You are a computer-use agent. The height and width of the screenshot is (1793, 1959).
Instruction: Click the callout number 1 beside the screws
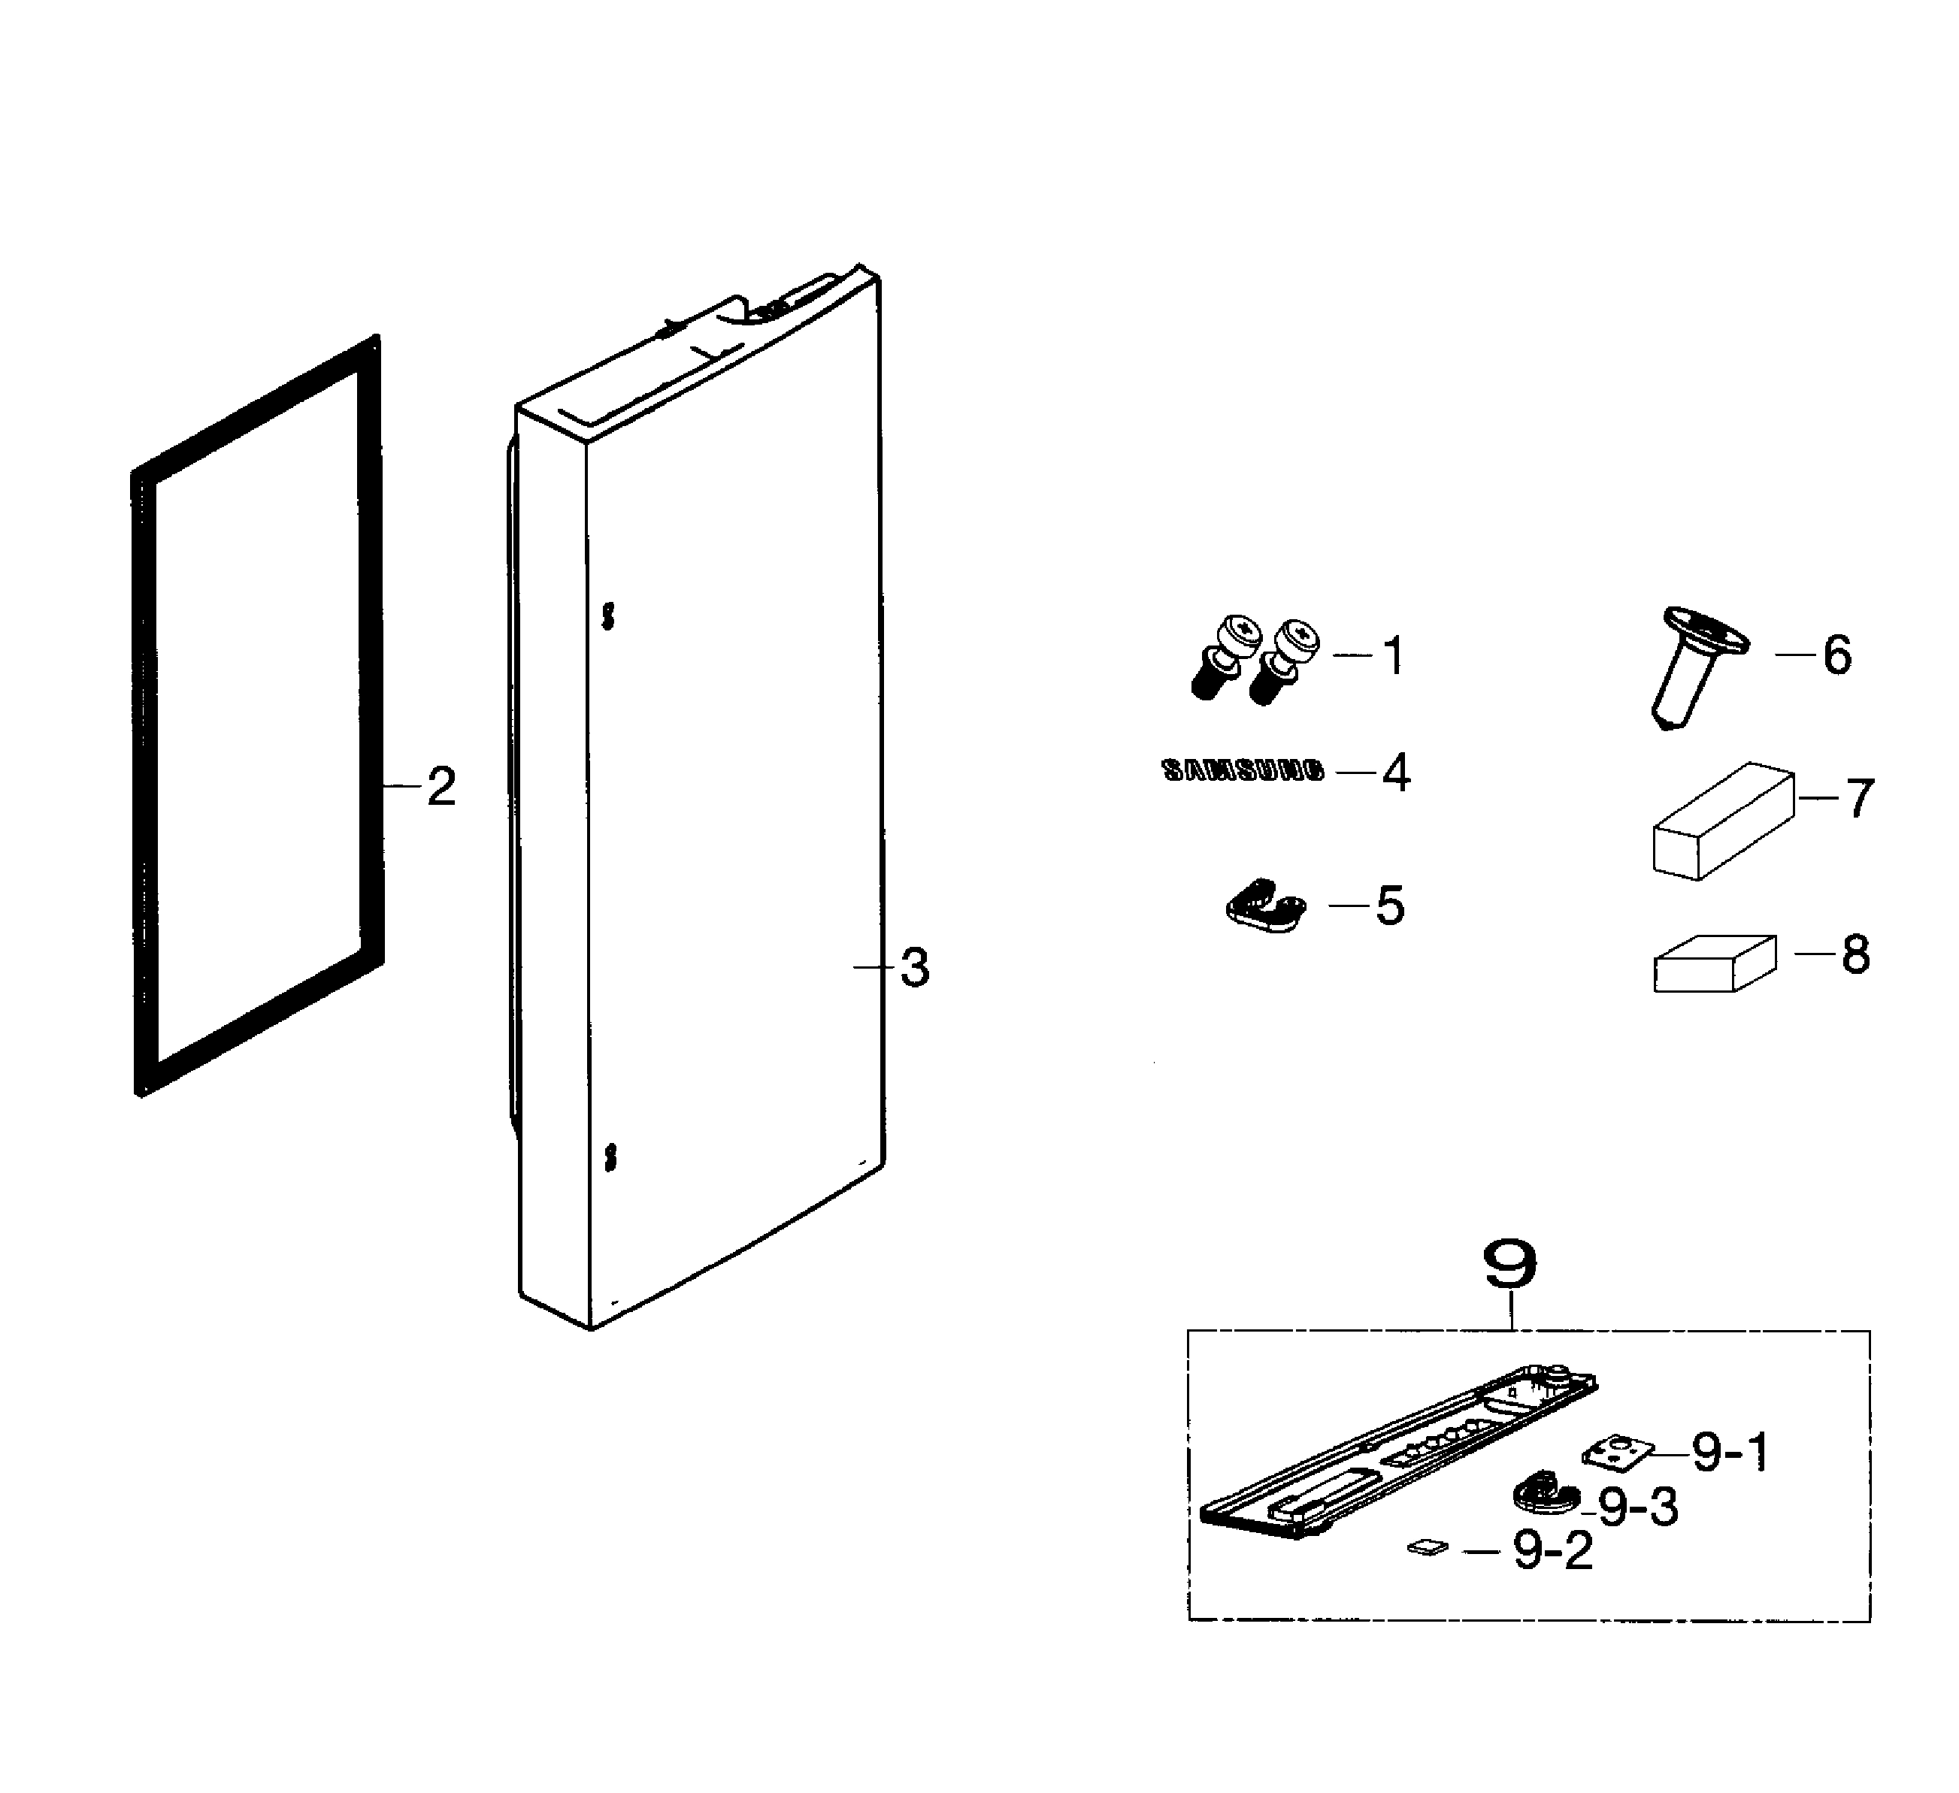[x=1394, y=657]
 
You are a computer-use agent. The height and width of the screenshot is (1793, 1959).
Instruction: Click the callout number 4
[x=1397, y=773]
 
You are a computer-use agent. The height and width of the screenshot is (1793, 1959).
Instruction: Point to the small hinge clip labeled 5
[x=1263, y=906]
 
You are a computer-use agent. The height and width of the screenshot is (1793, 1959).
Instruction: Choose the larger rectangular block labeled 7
[x=1722, y=821]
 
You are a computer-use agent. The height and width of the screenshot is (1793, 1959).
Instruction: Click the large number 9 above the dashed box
[x=1511, y=1264]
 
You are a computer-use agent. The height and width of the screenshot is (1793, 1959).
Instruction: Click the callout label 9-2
[x=1554, y=1551]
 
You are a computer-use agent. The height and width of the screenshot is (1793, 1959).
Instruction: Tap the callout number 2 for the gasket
[x=441, y=787]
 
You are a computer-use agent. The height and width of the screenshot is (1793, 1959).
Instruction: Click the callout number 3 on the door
[x=914, y=967]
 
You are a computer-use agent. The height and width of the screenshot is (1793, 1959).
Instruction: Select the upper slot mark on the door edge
[x=608, y=615]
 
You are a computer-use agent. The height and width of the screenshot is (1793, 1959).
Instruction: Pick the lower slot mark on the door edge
[x=609, y=1157]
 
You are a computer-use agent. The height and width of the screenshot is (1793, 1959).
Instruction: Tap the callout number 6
[x=1836, y=655]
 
